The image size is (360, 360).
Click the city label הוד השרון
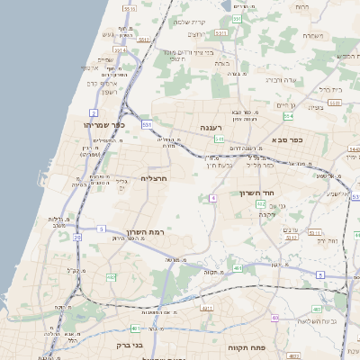pyautogui.click(x=256, y=193)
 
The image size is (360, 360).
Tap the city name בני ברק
pyautogui.click(x=130, y=344)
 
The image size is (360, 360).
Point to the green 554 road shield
pyautogui.click(x=288, y=115)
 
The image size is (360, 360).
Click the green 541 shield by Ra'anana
pyautogui.click(x=146, y=125)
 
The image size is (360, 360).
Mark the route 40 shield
pyautogui.click(x=274, y=318)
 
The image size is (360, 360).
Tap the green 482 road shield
pyautogui.click(x=112, y=276)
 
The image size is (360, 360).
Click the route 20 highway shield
pyautogui.click(x=77, y=238)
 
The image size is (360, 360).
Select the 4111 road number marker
pyautogui.click(x=206, y=308)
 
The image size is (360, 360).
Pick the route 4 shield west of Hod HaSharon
pyautogui.click(x=212, y=197)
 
